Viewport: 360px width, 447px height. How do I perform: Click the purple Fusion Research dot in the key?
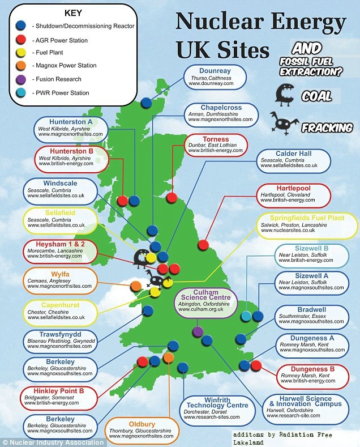22,79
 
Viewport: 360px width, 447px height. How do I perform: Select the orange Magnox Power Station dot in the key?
22,66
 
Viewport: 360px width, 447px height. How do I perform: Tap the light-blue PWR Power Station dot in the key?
22,92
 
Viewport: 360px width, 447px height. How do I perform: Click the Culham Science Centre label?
204,303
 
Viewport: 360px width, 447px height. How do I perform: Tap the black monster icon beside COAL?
283,95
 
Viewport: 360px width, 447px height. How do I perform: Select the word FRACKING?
327,127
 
